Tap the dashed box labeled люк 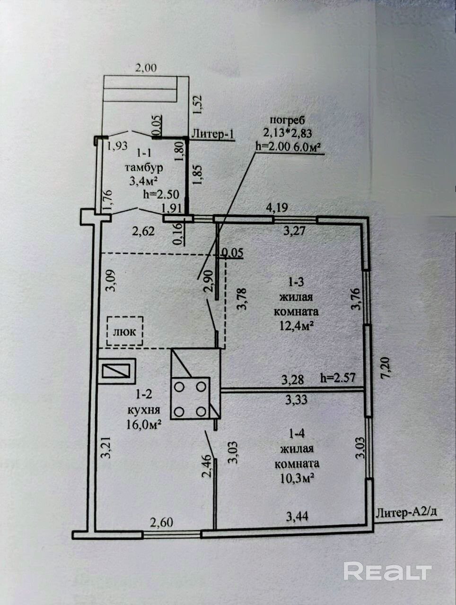click(x=125, y=331)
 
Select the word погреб click(x=288, y=121)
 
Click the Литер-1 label click(x=213, y=134)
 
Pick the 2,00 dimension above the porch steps click(x=145, y=68)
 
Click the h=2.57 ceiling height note click(x=338, y=379)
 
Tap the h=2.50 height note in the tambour click(x=161, y=195)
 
